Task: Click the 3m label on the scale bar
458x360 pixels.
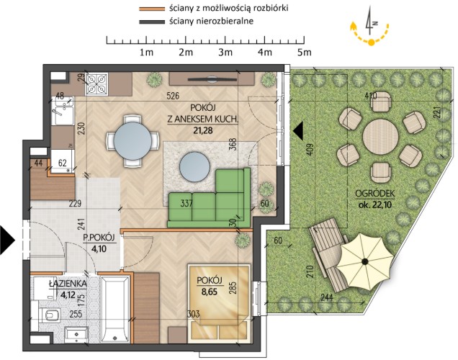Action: (x=225, y=53)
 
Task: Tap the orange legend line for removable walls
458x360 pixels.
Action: (x=152, y=9)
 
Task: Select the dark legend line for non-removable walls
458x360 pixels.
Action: (x=152, y=22)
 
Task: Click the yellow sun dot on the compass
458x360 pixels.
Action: (x=371, y=42)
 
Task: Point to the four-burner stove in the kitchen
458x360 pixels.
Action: (x=96, y=84)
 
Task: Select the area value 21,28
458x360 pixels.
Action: (x=203, y=130)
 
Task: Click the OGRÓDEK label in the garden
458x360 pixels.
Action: (x=375, y=193)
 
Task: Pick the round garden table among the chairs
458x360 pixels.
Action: (x=381, y=137)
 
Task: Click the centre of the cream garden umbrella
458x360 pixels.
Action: (x=365, y=261)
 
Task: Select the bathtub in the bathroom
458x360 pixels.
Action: (x=115, y=309)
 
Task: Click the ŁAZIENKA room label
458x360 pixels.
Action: (x=68, y=284)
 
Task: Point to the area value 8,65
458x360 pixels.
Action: (x=210, y=292)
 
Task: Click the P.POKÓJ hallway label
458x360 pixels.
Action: (x=99, y=238)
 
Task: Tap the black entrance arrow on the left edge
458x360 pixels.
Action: (x=7, y=240)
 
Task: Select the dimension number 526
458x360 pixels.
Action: (x=173, y=96)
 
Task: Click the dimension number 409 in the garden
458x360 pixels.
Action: (x=310, y=149)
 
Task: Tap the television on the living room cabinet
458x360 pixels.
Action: (x=212, y=78)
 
